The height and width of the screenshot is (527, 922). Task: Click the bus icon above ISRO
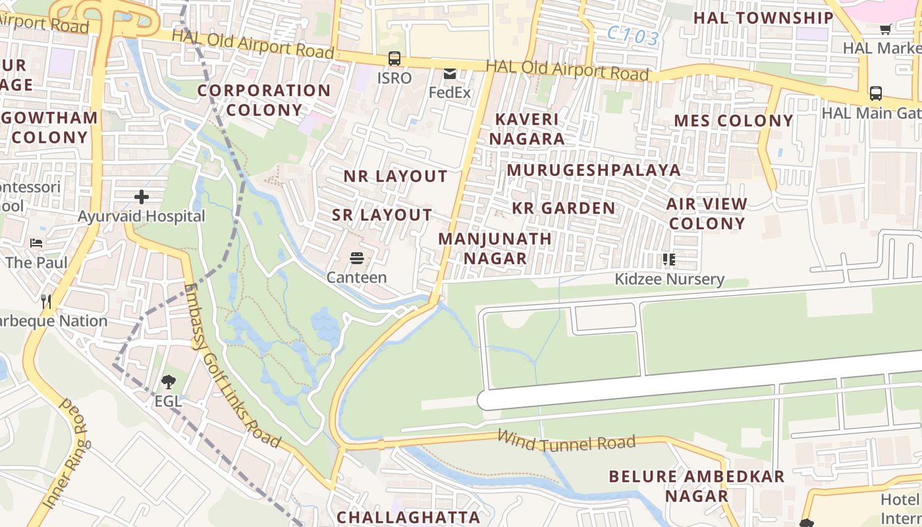point(394,59)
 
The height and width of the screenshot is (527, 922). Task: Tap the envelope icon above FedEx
point(450,74)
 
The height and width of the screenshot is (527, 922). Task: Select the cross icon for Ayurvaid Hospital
point(142,196)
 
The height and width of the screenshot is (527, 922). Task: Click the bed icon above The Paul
point(36,243)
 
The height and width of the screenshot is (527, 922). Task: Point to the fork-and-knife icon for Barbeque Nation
point(46,302)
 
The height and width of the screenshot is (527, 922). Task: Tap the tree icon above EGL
point(168,381)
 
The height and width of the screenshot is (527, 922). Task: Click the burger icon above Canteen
point(357,258)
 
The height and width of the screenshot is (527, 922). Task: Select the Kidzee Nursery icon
point(669,260)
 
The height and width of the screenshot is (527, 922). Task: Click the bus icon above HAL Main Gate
point(876,94)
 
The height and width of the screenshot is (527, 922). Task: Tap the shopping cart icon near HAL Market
point(886,28)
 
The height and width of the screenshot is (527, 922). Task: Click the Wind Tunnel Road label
point(566,441)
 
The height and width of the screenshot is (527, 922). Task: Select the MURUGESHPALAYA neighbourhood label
point(593,170)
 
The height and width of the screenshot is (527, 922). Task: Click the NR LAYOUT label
point(395,177)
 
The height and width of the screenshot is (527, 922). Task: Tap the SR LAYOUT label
point(382,215)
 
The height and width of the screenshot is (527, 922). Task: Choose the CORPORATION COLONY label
point(264,100)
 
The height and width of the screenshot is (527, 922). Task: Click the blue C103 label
point(632,35)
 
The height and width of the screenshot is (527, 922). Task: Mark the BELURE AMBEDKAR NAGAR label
point(696,486)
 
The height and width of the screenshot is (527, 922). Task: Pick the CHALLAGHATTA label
point(408,517)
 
